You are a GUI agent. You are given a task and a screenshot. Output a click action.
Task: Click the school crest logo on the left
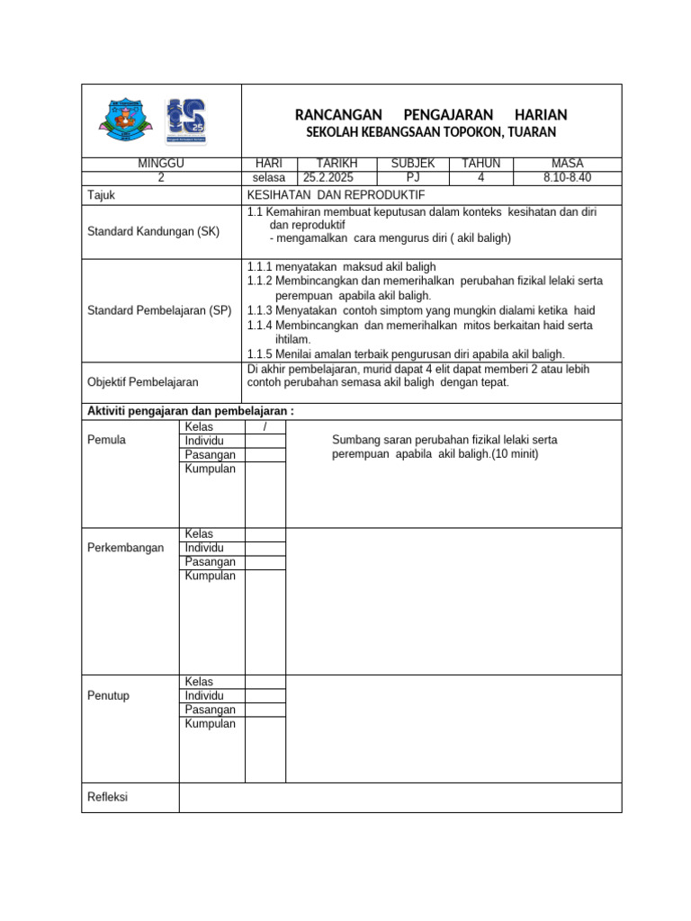point(127,121)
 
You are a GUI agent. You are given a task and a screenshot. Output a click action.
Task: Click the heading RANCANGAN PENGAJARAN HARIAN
point(431,115)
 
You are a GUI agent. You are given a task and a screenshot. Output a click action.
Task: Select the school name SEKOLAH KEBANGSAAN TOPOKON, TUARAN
point(431,132)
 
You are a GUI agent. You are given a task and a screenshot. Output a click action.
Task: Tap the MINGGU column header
point(161,164)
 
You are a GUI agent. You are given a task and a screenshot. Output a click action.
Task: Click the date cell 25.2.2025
point(328,178)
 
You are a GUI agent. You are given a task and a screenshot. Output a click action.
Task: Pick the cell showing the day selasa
point(269,178)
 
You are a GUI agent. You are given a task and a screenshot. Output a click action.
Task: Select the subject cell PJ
point(413,178)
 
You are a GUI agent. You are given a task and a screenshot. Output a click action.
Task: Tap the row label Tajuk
point(101,195)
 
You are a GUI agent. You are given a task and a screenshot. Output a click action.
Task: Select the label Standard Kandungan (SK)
point(153,232)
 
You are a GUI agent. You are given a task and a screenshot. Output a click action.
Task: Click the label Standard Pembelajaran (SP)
point(159,311)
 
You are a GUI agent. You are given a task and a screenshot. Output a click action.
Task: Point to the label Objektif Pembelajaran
point(142,382)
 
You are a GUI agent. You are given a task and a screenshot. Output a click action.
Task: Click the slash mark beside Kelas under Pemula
point(265,426)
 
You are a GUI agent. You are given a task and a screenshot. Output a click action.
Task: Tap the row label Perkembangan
point(126,548)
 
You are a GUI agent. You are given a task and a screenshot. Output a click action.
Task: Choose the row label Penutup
point(108,696)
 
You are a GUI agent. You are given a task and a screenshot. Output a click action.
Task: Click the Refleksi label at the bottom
point(108,797)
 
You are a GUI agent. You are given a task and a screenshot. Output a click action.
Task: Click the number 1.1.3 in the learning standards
point(260,310)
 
